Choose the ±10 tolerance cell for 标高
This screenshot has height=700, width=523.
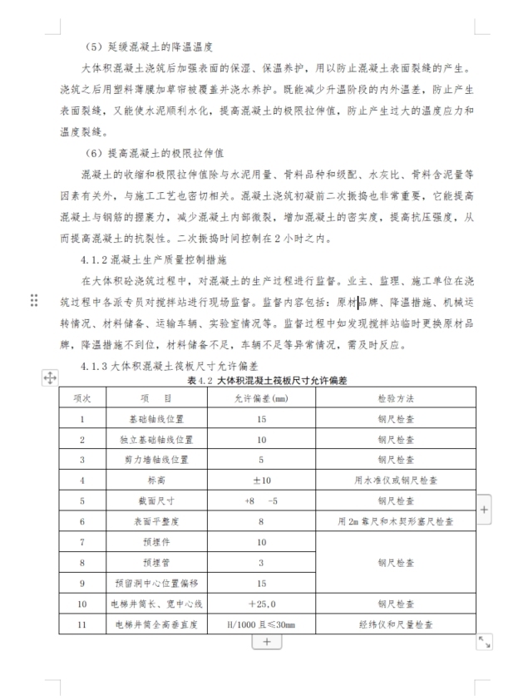coord(261,480)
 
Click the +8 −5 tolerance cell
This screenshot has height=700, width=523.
coord(261,501)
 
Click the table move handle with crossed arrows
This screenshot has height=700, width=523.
coord(49,378)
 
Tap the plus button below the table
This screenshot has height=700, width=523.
coord(266,641)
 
